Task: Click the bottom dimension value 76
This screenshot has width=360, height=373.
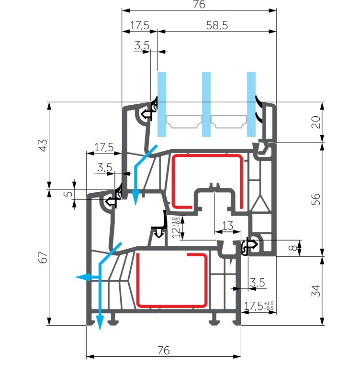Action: (x=163, y=351)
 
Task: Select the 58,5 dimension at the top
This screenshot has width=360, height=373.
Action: (x=217, y=26)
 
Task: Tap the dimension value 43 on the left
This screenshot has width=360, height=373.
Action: (x=43, y=145)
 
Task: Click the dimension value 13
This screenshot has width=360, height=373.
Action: (x=227, y=225)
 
